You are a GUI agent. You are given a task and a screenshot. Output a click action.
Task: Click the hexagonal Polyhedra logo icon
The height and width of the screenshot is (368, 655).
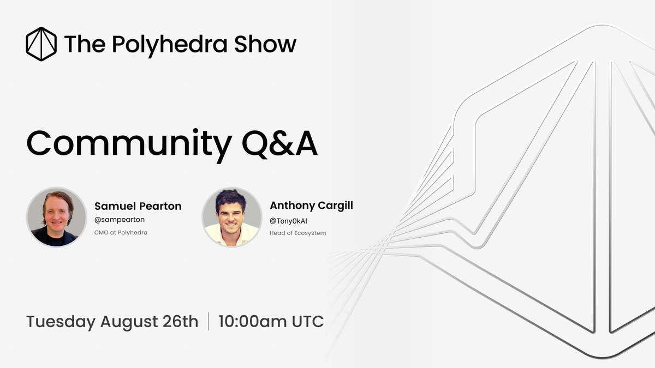(x=41, y=44)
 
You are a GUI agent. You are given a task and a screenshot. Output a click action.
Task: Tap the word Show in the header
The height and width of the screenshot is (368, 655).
(x=265, y=44)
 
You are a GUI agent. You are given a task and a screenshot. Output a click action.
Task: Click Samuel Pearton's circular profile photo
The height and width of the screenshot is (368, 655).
(x=57, y=217)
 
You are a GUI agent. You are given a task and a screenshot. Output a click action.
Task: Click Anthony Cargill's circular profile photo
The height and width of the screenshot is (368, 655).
(x=232, y=217)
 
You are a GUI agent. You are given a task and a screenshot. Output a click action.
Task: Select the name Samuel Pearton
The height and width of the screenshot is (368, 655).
(x=138, y=206)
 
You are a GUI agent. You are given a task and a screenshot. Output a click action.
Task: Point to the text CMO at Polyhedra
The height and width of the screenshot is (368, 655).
(x=121, y=233)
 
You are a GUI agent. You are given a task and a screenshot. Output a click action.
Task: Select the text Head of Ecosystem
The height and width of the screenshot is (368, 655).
(x=298, y=233)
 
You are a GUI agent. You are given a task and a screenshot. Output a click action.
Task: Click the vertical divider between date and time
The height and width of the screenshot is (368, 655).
(x=209, y=322)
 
